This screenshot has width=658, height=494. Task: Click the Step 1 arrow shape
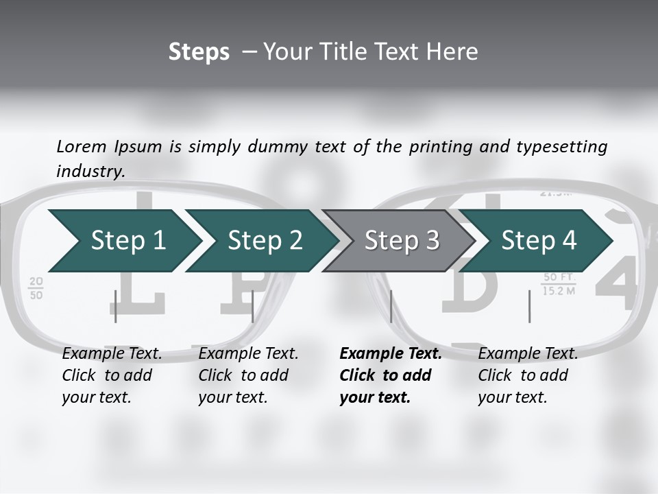(123, 240)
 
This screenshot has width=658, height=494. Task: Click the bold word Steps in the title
(199, 51)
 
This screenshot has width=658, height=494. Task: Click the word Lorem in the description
(82, 146)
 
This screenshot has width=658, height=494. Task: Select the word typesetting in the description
(561, 146)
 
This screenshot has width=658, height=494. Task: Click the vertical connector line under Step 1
(116, 306)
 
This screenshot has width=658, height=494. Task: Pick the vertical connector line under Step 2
(253, 306)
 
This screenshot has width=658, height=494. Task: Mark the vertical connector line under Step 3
(391, 306)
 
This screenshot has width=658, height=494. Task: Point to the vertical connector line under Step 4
(529, 306)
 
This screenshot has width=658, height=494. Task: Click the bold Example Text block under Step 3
(390, 375)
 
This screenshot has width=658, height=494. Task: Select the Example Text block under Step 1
(112, 375)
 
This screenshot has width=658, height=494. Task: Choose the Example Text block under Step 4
(528, 375)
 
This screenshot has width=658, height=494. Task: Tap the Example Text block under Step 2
(248, 375)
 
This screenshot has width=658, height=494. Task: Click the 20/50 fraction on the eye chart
(36, 288)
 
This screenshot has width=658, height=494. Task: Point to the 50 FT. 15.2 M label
(559, 284)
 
